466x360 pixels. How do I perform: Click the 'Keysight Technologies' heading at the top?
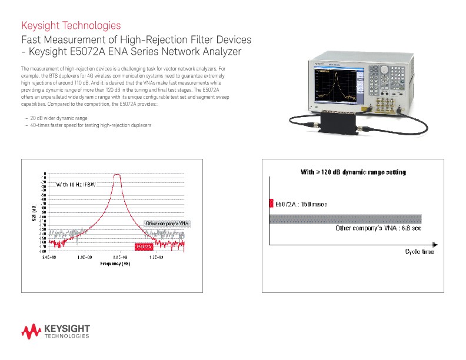(x=71, y=26)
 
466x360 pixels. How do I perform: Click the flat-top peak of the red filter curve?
(x=117, y=175)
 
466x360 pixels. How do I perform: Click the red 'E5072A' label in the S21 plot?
(x=144, y=246)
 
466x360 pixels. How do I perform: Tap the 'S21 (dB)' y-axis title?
(x=34, y=212)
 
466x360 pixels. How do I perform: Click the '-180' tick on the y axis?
(x=43, y=251)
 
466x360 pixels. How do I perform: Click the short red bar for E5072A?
(x=271, y=204)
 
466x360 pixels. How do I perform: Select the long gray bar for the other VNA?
(x=345, y=219)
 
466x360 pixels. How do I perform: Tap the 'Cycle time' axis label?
(x=420, y=252)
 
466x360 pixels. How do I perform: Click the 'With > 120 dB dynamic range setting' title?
(x=345, y=172)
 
